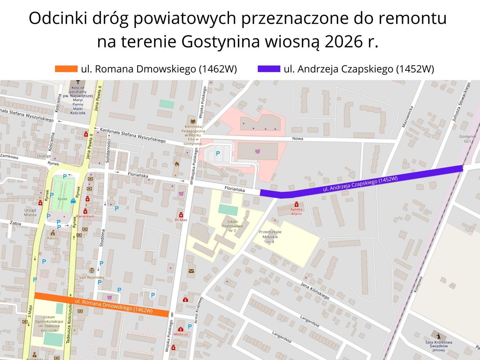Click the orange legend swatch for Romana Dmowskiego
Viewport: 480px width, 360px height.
coord(66,69)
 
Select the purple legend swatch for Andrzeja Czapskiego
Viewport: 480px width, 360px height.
coord(269,69)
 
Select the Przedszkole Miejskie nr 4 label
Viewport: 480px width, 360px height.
coord(270,237)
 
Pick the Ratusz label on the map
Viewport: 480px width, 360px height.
coord(53,237)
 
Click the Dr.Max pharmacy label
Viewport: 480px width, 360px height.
coord(181,220)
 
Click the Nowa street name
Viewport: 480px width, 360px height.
coord(298,139)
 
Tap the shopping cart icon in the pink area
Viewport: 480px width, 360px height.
coord(257,151)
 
